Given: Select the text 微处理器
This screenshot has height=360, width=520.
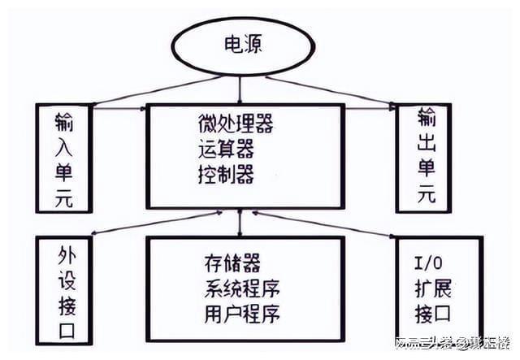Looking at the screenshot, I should (235, 124).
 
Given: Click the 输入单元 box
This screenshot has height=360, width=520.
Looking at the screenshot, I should (63, 159).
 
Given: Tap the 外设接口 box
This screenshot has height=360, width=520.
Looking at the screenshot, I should (64, 289).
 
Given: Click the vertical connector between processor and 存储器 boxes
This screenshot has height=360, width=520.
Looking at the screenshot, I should (240, 223).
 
